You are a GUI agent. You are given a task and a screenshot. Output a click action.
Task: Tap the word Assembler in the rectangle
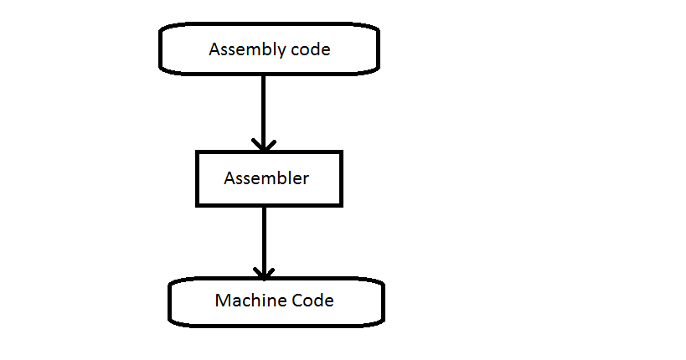click(266, 178)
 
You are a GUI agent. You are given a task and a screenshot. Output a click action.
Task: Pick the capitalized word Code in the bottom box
click(312, 301)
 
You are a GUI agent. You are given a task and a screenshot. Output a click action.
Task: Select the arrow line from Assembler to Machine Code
click(264, 239)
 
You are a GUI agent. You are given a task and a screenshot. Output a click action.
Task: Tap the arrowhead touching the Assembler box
click(264, 145)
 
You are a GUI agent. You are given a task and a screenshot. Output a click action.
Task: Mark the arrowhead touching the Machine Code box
click(264, 273)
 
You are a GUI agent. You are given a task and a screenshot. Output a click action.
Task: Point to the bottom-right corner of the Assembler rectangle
click(341, 204)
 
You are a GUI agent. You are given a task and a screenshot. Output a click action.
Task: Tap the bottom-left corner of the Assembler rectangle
click(198, 204)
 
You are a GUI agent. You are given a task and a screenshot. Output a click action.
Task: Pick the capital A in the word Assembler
click(229, 178)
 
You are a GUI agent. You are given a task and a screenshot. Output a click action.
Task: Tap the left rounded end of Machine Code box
click(171, 301)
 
